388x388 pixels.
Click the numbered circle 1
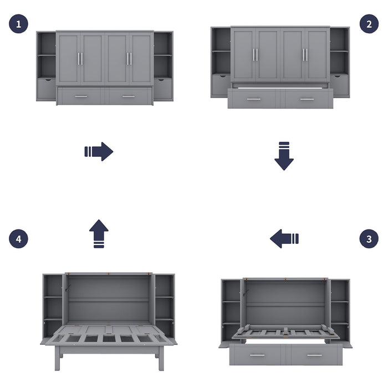pos(18,24)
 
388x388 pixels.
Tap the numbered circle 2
pos(369,24)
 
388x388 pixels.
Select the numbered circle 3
pos(369,239)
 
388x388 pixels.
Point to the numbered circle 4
pos(18,239)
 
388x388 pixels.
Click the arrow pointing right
pos(99,151)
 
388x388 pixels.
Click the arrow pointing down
pos(284,156)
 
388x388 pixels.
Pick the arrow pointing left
pos(284,239)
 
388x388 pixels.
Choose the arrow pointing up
pos(99,233)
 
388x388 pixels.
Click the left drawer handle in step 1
pos(81,97)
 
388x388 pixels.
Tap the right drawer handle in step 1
pos(129,97)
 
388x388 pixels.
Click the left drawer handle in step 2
pos(254,100)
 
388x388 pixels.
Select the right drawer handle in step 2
pos(307,100)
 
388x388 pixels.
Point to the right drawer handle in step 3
pos(315,355)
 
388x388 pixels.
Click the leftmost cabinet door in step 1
pos(69,58)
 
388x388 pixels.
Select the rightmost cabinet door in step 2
pos(316,54)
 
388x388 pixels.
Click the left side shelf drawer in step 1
pos(46,89)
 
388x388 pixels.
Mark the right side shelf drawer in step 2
pos(339,85)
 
